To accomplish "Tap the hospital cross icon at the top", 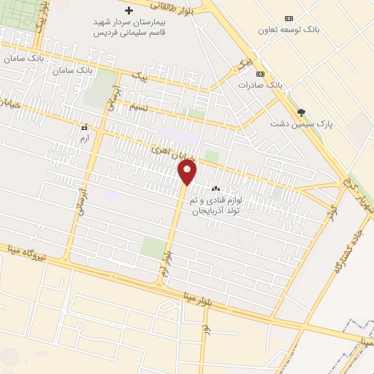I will (x=129, y=11).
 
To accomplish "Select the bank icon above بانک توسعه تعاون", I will (x=289, y=18).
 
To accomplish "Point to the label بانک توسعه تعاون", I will (x=289, y=31).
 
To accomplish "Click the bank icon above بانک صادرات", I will (x=259, y=74).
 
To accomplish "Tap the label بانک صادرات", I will (x=260, y=85).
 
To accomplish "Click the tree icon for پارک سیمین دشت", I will (x=301, y=112).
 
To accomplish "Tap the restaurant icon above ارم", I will (x=85, y=126).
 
